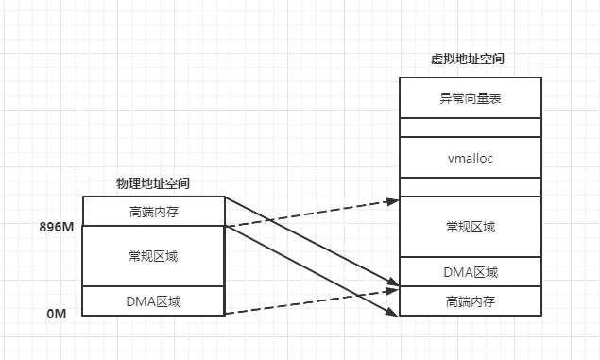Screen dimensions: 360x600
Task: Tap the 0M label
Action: pyautogui.click(x=57, y=312)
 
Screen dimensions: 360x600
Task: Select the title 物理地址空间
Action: pyautogui.click(x=154, y=183)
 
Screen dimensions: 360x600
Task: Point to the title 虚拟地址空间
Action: pyautogui.click(x=470, y=59)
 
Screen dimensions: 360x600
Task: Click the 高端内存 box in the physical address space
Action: pyautogui.click(x=153, y=212)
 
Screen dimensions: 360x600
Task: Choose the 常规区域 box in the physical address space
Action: pyautogui.click(x=153, y=256)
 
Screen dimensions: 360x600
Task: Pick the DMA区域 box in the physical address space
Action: pyautogui.click(x=153, y=301)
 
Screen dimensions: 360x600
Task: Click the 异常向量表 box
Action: pyautogui.click(x=470, y=97)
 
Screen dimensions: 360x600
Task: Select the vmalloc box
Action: pyautogui.click(x=470, y=158)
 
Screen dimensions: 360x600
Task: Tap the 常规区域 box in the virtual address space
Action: pyautogui.click(x=470, y=227)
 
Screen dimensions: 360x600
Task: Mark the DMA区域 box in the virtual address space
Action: pyautogui.click(x=470, y=272)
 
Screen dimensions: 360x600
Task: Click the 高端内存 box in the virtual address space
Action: pyautogui.click(x=470, y=301)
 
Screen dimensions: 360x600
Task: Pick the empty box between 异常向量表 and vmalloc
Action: pyautogui.click(x=470, y=128)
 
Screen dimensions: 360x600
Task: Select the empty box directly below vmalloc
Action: pyautogui.click(x=470, y=187)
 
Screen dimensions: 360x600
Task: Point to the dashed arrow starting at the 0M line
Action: pyautogui.click(x=312, y=300)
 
